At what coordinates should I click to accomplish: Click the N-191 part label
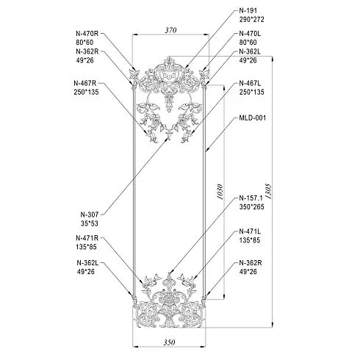(x=248, y=10)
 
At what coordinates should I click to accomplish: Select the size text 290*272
(x=252, y=19)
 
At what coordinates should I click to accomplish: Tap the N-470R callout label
(x=87, y=33)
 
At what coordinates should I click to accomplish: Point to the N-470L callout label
(x=250, y=33)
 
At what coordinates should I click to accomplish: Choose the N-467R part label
(x=85, y=83)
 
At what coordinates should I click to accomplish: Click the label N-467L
(x=250, y=83)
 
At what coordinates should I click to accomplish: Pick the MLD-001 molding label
(x=253, y=118)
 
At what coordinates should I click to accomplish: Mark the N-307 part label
(x=90, y=215)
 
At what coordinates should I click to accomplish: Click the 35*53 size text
(x=90, y=223)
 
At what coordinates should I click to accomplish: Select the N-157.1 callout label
(x=251, y=198)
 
